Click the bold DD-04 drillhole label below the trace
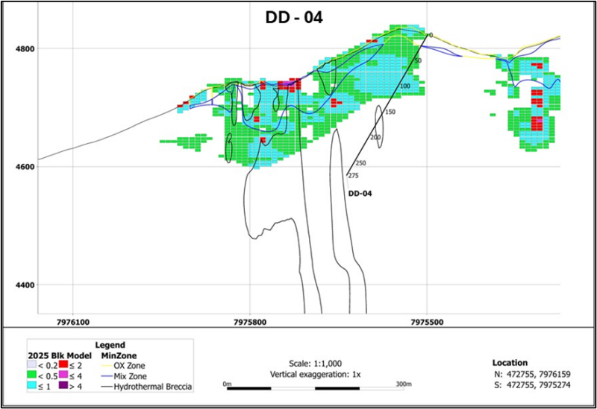[360, 193]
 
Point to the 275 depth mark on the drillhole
[354, 176]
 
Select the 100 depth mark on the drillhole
[405, 86]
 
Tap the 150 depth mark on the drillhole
[390, 112]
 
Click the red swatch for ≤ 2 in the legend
[64, 364]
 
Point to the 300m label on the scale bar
[403, 383]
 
